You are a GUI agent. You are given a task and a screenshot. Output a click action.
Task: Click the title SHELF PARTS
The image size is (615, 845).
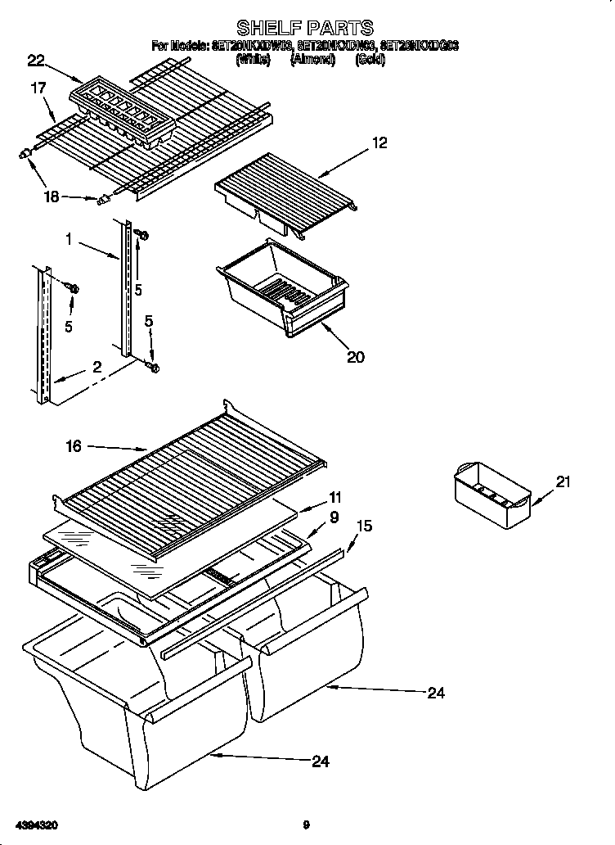point(305,29)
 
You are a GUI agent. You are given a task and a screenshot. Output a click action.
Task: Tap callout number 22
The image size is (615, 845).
point(35,59)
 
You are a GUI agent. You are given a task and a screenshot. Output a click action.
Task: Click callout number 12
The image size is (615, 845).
point(379,142)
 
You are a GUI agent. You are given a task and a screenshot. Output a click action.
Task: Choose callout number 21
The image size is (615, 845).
point(562,482)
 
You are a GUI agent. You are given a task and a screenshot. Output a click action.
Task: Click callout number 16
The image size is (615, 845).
point(74,445)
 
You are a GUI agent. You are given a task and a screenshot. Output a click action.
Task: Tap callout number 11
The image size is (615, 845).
point(334,497)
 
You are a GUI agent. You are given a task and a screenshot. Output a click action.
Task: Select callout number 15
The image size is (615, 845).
point(364,526)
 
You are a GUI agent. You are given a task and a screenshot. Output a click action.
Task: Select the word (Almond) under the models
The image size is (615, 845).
point(313,61)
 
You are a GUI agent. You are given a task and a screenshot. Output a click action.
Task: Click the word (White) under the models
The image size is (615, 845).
point(253,61)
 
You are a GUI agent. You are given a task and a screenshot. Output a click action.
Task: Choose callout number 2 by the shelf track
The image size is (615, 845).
point(97,368)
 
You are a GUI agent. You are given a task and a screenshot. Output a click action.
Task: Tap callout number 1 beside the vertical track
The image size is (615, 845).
point(70,239)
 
